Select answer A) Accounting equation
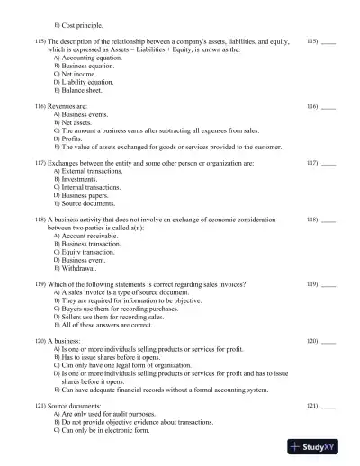89,57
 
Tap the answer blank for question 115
328,42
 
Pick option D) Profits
76,139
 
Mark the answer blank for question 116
328,106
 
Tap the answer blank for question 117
328,163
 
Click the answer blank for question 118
328,220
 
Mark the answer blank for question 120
328,342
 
